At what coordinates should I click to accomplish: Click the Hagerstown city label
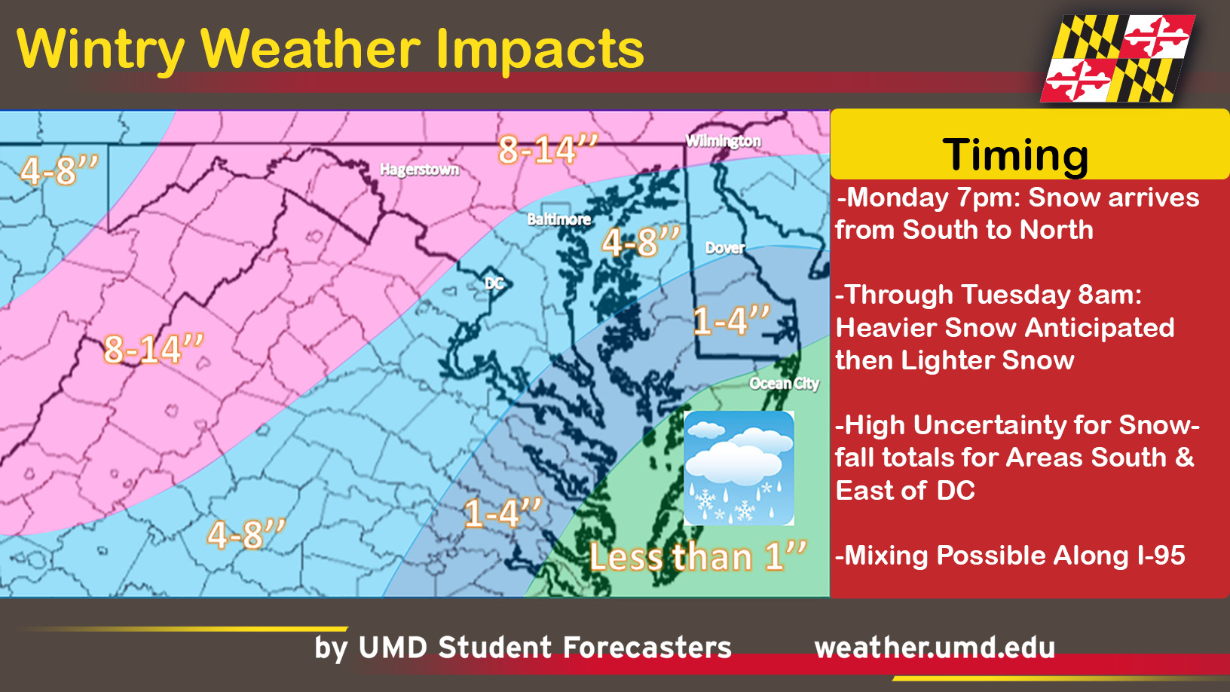click(419, 170)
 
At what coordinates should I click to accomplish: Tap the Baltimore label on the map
click(558, 219)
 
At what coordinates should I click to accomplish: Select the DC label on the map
click(494, 283)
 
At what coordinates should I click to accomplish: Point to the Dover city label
click(724, 248)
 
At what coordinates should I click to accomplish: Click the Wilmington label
click(723, 141)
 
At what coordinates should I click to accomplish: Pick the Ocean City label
click(784, 384)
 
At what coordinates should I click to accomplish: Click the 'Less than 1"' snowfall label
click(697, 557)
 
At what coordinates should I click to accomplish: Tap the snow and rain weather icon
click(739, 467)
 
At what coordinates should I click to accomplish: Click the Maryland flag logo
click(1117, 59)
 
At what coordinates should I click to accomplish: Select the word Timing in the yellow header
click(1015, 155)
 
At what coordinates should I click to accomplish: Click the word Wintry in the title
click(100, 49)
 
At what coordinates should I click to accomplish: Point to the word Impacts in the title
click(540, 49)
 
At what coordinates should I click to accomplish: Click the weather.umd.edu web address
click(935, 648)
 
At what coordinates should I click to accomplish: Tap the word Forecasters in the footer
click(647, 648)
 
